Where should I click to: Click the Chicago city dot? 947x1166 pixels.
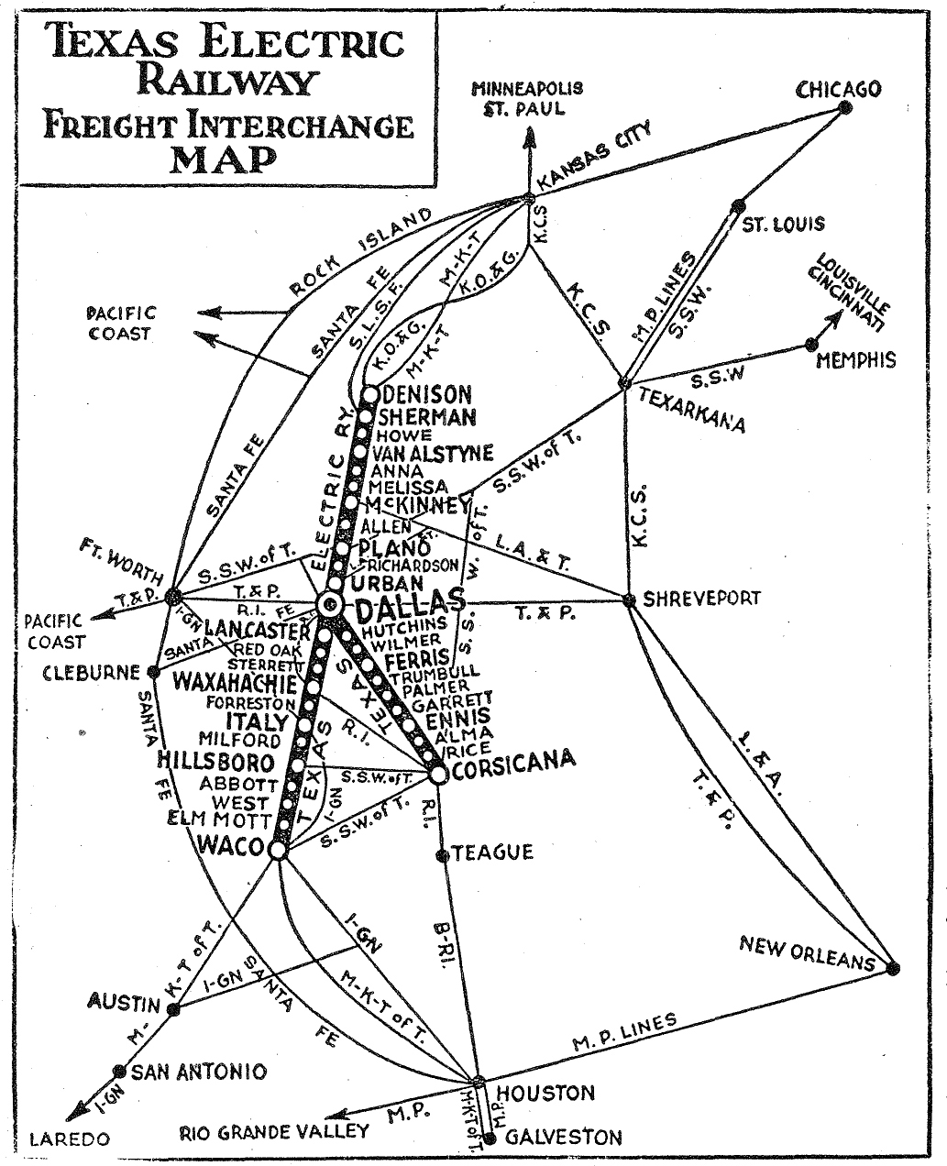845,107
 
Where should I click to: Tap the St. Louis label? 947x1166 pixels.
783,224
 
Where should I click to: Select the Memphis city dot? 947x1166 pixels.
810,345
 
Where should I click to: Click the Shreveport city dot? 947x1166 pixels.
629,600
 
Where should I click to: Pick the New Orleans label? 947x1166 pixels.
808,953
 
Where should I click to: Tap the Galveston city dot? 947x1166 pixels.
490,1138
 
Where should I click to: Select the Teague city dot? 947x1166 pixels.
442,855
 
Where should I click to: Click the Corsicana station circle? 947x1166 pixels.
437,775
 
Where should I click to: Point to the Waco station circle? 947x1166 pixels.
279,851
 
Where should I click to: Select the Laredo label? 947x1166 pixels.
70,1139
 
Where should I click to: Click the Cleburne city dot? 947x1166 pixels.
153,671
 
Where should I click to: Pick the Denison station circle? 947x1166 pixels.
369,395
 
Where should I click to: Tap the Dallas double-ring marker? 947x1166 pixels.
330,603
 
